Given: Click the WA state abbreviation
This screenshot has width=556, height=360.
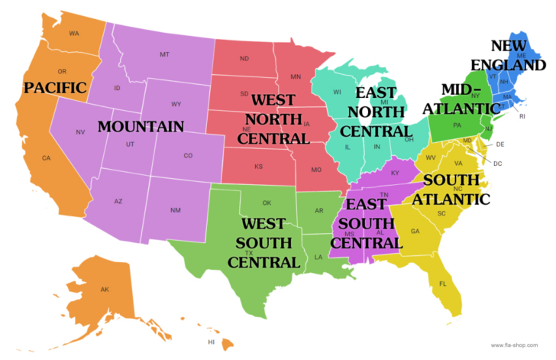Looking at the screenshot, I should (x=74, y=34).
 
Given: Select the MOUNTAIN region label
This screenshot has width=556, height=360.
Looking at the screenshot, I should (x=141, y=126).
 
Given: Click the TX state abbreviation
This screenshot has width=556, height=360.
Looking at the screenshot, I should (x=249, y=253).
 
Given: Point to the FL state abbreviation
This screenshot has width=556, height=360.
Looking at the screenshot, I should (x=442, y=284).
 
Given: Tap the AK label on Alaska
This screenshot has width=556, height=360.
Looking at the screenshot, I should (x=105, y=289).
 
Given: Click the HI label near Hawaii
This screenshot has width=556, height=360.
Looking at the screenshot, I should (x=211, y=342).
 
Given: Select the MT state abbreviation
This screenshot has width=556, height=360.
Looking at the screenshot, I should (x=164, y=55).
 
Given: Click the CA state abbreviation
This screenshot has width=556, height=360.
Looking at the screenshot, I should (x=46, y=158).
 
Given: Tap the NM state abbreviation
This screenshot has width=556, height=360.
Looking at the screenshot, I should (x=174, y=209).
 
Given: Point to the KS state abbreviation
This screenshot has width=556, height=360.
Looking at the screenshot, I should (x=259, y=166).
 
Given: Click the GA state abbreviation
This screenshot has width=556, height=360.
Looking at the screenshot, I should (x=415, y=231).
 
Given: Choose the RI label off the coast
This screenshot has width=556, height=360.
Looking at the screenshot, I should (x=522, y=117).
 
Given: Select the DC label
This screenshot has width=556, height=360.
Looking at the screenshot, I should (x=497, y=164).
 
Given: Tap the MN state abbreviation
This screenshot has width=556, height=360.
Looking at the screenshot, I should (x=296, y=76).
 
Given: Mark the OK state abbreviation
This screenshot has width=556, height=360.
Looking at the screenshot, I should (x=267, y=203).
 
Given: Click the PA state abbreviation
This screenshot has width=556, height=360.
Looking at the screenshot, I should (x=457, y=125).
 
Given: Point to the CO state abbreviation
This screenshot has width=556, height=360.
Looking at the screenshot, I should (x=188, y=156).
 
